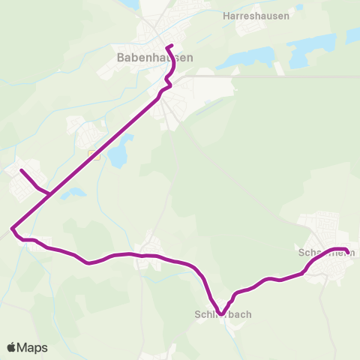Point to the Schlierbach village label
coord(223,315)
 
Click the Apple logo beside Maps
coord(11,347)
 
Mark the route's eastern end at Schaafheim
coord(347,251)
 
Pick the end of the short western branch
coord(21,170)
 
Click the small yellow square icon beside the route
coord(94,155)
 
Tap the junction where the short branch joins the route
coord(49,195)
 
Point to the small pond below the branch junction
coord(73,193)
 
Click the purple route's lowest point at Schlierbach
coord(221,314)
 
